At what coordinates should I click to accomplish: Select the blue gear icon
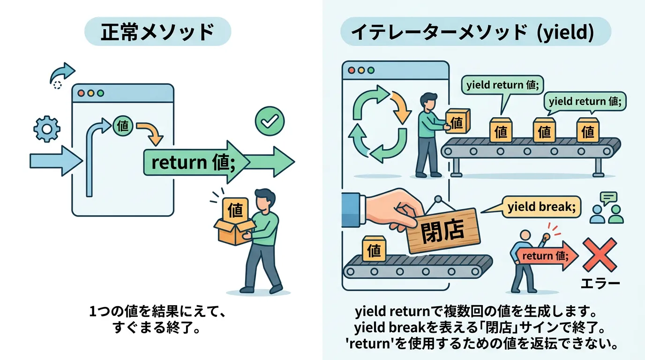(x=45, y=129)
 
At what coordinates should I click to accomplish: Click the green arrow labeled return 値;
(x=197, y=162)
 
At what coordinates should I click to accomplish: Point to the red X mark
(x=600, y=254)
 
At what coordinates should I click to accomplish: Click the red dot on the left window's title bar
(x=81, y=93)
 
